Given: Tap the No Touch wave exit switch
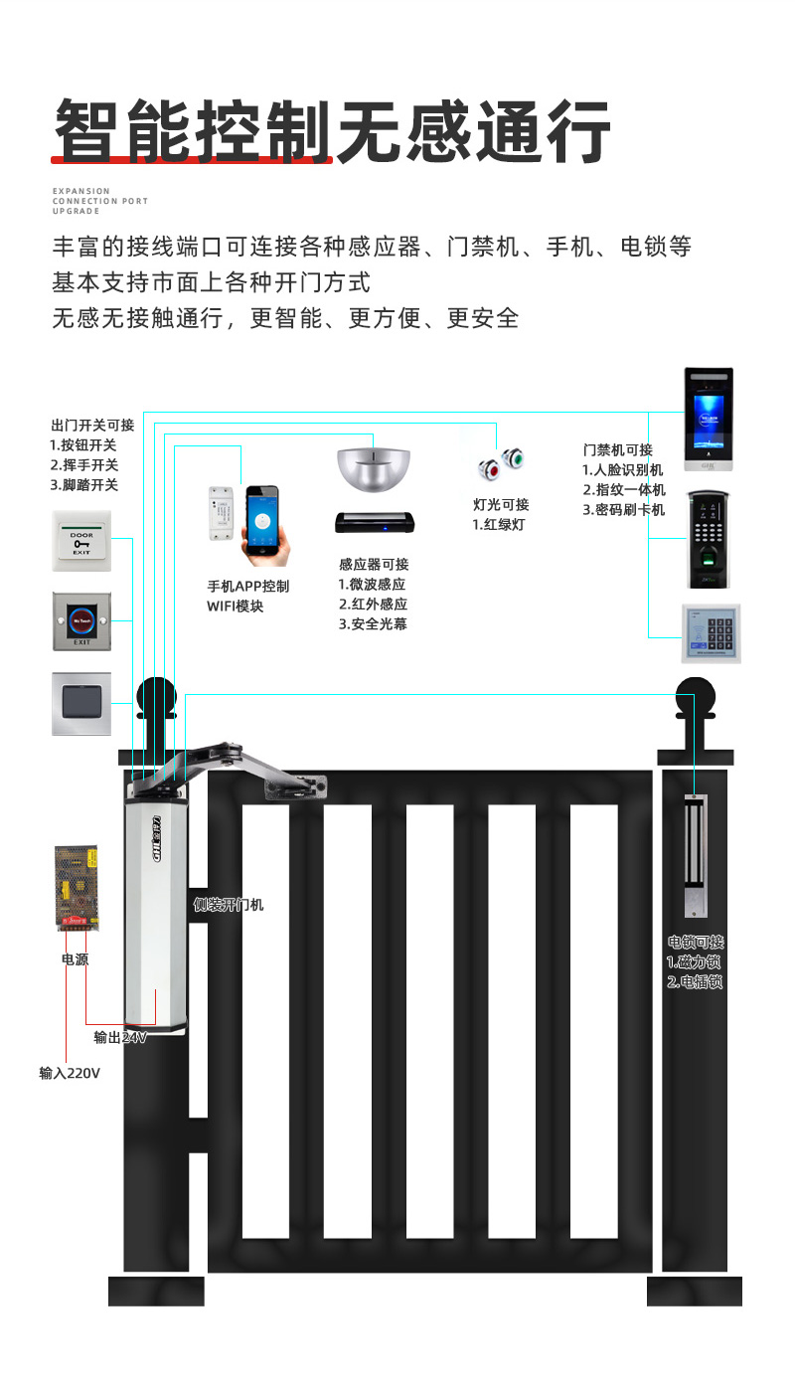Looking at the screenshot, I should click(81, 622).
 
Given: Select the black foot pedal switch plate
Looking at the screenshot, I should click(81, 703).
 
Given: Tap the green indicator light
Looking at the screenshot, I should click(514, 458).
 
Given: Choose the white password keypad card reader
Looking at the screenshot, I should click(711, 632).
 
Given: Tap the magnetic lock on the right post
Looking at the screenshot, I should click(696, 855).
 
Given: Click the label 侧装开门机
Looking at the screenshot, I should click(229, 905).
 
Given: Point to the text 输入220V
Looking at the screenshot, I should click(70, 1073).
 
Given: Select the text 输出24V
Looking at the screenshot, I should click(120, 1037).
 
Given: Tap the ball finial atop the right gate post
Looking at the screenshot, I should click(696, 698).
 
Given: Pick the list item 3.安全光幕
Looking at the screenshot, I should click(373, 624).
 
